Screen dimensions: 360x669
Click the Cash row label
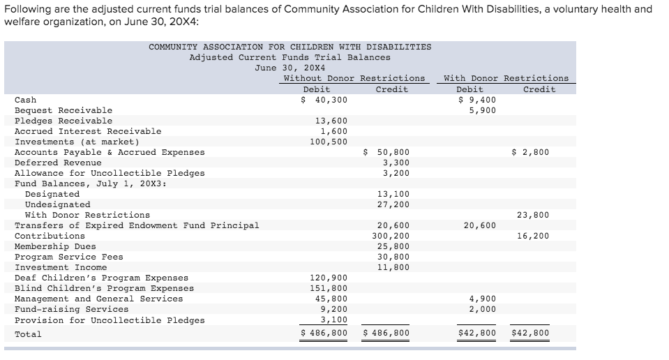26,100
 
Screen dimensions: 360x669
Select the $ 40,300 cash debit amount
324,100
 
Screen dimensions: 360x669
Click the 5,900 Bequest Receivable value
482,110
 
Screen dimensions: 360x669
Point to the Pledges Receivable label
63,121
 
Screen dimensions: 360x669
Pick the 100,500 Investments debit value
329,142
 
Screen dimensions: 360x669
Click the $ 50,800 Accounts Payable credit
387,152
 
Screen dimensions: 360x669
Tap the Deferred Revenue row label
58,163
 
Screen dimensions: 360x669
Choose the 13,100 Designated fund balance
393,194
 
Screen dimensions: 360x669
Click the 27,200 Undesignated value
393,204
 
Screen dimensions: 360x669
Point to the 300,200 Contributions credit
390,236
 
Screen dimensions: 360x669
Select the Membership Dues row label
56,246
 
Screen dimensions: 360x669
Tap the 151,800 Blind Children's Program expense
329,288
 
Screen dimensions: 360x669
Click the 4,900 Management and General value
482,299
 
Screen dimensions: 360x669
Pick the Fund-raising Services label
71,309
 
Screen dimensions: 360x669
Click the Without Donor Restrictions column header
354,78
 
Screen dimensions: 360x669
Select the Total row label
28,334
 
